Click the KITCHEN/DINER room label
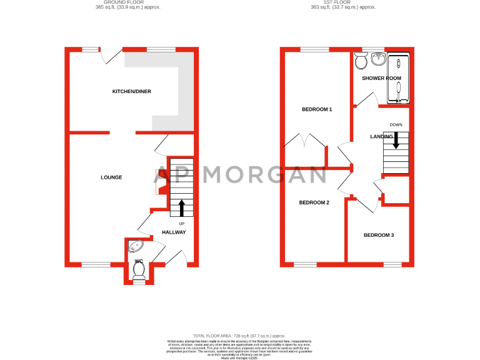pyautogui.click(x=131, y=92)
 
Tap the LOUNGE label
pyautogui.click(x=111, y=177)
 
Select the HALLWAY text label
pyautogui.click(x=174, y=232)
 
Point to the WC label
pyautogui.click(x=139, y=261)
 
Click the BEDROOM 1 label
pyautogui.click(x=317, y=109)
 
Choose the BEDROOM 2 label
pyautogui.click(x=314, y=202)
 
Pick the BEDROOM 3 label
pyautogui.click(x=379, y=235)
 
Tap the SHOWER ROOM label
pyautogui.click(x=381, y=78)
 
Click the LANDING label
pyautogui.click(x=381, y=136)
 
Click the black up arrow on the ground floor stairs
pyautogui.click(x=182, y=207)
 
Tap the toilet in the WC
pyautogui.click(x=139, y=269)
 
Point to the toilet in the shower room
pyautogui.click(x=361, y=61)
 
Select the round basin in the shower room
pyautogui.click(x=377, y=59)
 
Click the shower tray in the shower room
pyautogui.click(x=398, y=78)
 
